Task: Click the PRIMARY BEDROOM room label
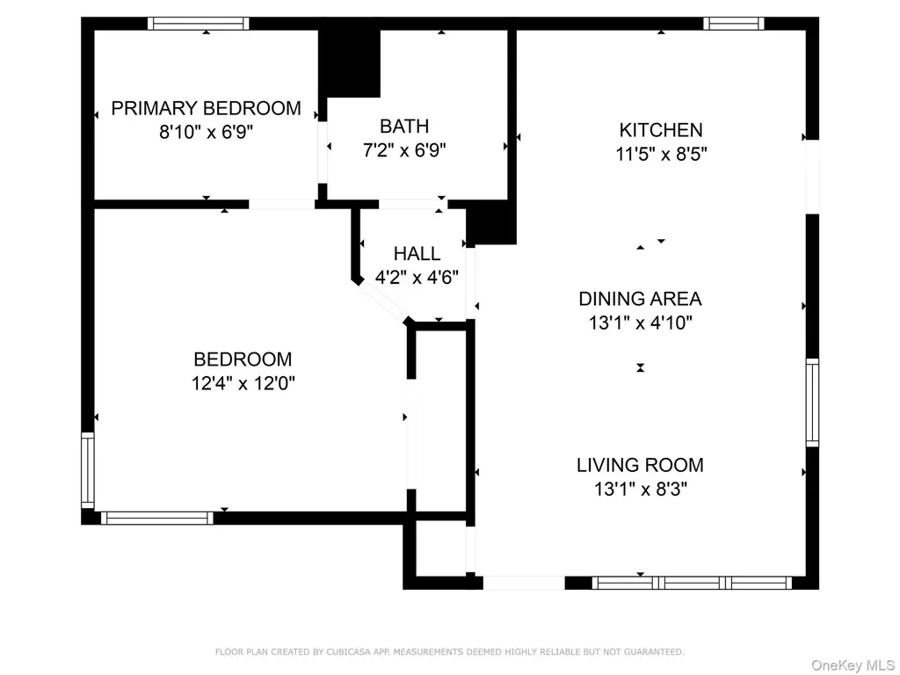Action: click(206, 108)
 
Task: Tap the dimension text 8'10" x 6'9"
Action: click(206, 132)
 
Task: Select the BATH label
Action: click(404, 126)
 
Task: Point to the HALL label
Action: click(417, 253)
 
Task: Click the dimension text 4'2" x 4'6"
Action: click(417, 277)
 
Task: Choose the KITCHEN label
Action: click(661, 130)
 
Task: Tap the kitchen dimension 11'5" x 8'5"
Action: click(661, 154)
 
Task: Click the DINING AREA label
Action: click(640, 299)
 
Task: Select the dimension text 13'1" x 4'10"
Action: click(640, 323)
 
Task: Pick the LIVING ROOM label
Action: click(640, 465)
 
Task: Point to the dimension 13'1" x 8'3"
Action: click(640, 489)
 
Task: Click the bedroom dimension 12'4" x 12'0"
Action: click(243, 383)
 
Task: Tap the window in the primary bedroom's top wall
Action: click(199, 24)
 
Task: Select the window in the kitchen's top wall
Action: click(734, 24)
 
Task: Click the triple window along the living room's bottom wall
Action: click(692, 584)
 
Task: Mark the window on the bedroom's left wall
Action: click(87, 470)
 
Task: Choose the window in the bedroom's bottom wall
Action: click(157, 518)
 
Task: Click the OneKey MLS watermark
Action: click(853, 664)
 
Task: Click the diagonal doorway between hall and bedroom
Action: click(383, 302)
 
